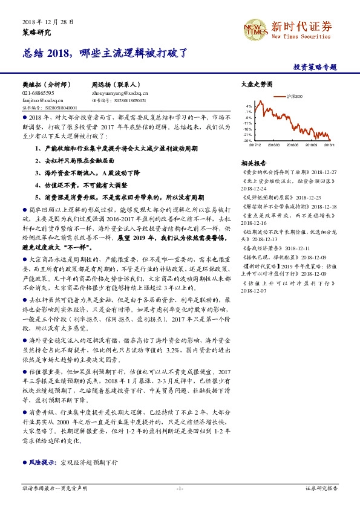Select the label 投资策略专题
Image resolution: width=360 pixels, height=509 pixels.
point(314,67)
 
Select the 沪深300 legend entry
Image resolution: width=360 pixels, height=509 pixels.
point(293,97)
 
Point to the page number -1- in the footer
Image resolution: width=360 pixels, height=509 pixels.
point(180,488)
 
